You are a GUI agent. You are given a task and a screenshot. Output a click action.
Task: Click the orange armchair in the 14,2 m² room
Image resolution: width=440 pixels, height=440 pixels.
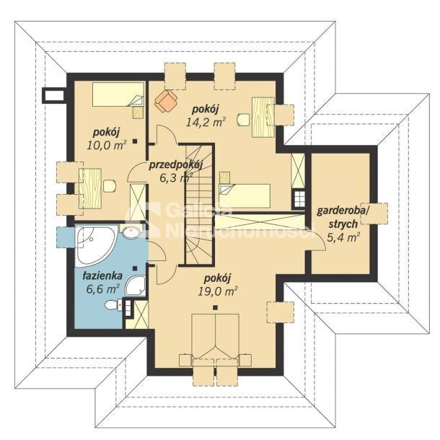pyautogui.click(x=166, y=100)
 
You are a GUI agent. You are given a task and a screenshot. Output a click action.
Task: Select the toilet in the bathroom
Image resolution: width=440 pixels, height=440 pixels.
pyautogui.click(x=113, y=304)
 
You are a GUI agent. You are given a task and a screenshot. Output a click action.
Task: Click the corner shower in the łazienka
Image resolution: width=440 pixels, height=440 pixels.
pyautogui.click(x=136, y=286)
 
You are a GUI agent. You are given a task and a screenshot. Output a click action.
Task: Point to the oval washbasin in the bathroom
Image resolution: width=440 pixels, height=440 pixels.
pyautogui.click(x=131, y=232)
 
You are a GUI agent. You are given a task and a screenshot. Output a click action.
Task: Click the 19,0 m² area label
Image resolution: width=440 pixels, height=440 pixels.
pyautogui.click(x=218, y=292)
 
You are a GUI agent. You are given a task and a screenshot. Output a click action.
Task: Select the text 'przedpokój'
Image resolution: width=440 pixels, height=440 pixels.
pyautogui.click(x=176, y=165)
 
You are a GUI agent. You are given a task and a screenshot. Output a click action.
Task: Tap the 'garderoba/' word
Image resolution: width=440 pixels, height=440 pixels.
pyautogui.click(x=342, y=211)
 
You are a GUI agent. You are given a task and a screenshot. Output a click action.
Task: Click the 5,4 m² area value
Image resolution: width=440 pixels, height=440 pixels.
pyautogui.click(x=343, y=238)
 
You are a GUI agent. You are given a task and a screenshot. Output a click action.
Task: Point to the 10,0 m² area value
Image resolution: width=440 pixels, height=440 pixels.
pyautogui.click(x=107, y=145)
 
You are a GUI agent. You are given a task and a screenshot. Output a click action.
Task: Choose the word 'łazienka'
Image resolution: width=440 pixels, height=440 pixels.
pyautogui.click(x=102, y=276)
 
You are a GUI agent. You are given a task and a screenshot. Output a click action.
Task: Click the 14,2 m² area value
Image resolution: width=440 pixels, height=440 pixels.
pyautogui.click(x=206, y=122)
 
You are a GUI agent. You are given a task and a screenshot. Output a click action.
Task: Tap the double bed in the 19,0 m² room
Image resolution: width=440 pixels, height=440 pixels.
pyautogui.click(x=215, y=337)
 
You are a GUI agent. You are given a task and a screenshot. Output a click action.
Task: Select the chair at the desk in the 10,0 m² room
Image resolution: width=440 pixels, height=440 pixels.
pyautogui.click(x=110, y=186)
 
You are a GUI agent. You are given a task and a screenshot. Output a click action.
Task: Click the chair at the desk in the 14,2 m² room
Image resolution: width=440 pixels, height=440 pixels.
pyautogui.click(x=244, y=120)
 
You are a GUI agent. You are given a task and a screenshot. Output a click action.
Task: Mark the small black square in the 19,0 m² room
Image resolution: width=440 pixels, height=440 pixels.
pyautogui.click(x=215, y=307)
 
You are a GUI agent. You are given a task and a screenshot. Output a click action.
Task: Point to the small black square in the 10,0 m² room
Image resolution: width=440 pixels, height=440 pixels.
pyautogui.click(x=136, y=141)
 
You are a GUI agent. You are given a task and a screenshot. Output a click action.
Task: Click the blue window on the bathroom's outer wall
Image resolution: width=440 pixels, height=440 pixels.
pyautogui.click(x=66, y=237)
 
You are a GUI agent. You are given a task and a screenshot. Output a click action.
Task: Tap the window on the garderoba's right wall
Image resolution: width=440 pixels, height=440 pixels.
pyautogui.click(x=374, y=214)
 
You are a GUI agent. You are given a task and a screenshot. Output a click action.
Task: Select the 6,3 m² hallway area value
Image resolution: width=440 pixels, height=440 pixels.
pyautogui.click(x=176, y=177)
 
